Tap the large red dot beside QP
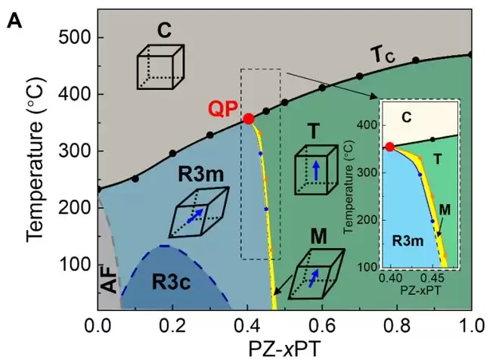tap(248, 119)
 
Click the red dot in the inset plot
tap(389, 147)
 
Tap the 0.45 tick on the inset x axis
tap(432, 277)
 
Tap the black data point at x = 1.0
tap(471, 54)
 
